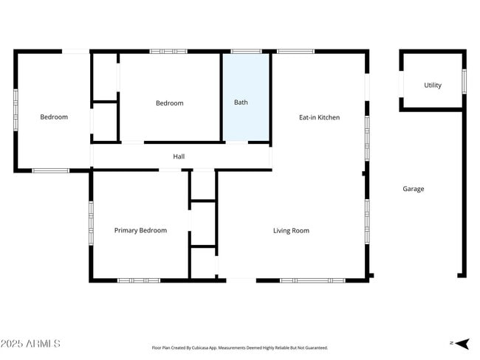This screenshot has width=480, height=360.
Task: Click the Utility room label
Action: (x=433, y=86)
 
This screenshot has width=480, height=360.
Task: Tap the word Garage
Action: (x=413, y=189)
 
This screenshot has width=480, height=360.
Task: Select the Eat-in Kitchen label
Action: (x=319, y=117)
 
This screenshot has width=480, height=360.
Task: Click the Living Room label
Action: (x=291, y=231)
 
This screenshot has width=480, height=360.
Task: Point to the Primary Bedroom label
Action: (x=140, y=231)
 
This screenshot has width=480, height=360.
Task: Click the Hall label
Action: (x=179, y=156)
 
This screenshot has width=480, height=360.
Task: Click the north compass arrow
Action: (x=461, y=343)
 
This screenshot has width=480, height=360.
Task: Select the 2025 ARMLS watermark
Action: (x=31, y=344)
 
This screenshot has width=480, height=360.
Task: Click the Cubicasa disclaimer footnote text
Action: (x=239, y=347)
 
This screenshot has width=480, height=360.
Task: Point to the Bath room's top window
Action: (x=246, y=52)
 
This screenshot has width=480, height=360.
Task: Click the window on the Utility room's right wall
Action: (x=464, y=81)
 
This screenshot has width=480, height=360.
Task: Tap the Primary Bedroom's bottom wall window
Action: (x=139, y=280)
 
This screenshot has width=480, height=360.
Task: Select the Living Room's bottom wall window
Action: (x=312, y=280)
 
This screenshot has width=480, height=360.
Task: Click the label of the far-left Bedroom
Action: (x=54, y=117)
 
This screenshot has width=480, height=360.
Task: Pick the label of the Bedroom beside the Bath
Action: (x=169, y=103)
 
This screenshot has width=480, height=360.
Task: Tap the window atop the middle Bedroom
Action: (x=168, y=52)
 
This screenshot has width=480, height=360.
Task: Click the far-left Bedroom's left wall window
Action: (x=16, y=110)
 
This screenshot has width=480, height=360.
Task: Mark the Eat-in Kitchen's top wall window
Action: (x=296, y=52)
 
